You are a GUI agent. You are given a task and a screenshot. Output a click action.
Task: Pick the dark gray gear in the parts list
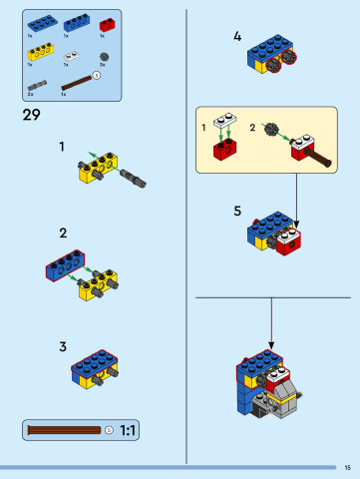(103, 55)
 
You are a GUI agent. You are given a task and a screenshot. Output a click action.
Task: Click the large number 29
(30, 115)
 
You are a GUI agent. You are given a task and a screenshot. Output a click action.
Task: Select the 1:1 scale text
(129, 430)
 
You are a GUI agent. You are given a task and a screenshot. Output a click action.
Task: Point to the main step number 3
(62, 346)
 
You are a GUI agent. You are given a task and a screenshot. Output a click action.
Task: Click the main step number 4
(237, 37)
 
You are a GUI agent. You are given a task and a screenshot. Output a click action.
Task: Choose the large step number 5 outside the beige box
(237, 211)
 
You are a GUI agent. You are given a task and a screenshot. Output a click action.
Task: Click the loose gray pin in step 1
(135, 179)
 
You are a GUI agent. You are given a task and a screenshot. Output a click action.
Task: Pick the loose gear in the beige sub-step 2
(270, 130)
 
